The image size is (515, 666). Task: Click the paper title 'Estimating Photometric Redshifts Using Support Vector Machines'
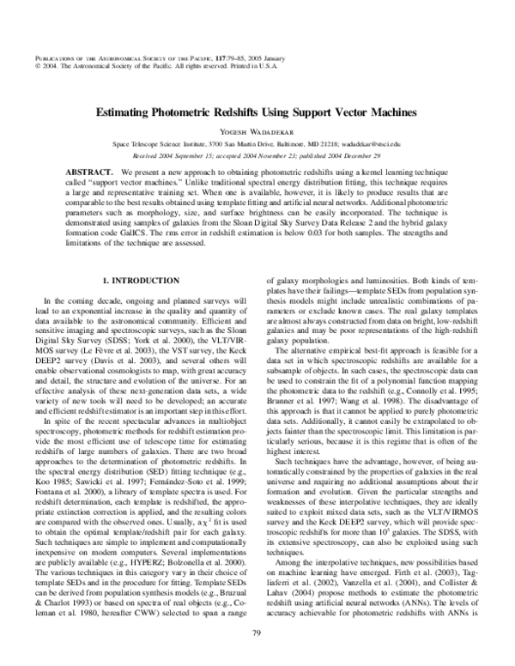257,112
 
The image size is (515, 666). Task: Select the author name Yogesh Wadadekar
257,132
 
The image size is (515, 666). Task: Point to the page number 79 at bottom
257,633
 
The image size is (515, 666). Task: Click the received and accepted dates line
257,157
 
